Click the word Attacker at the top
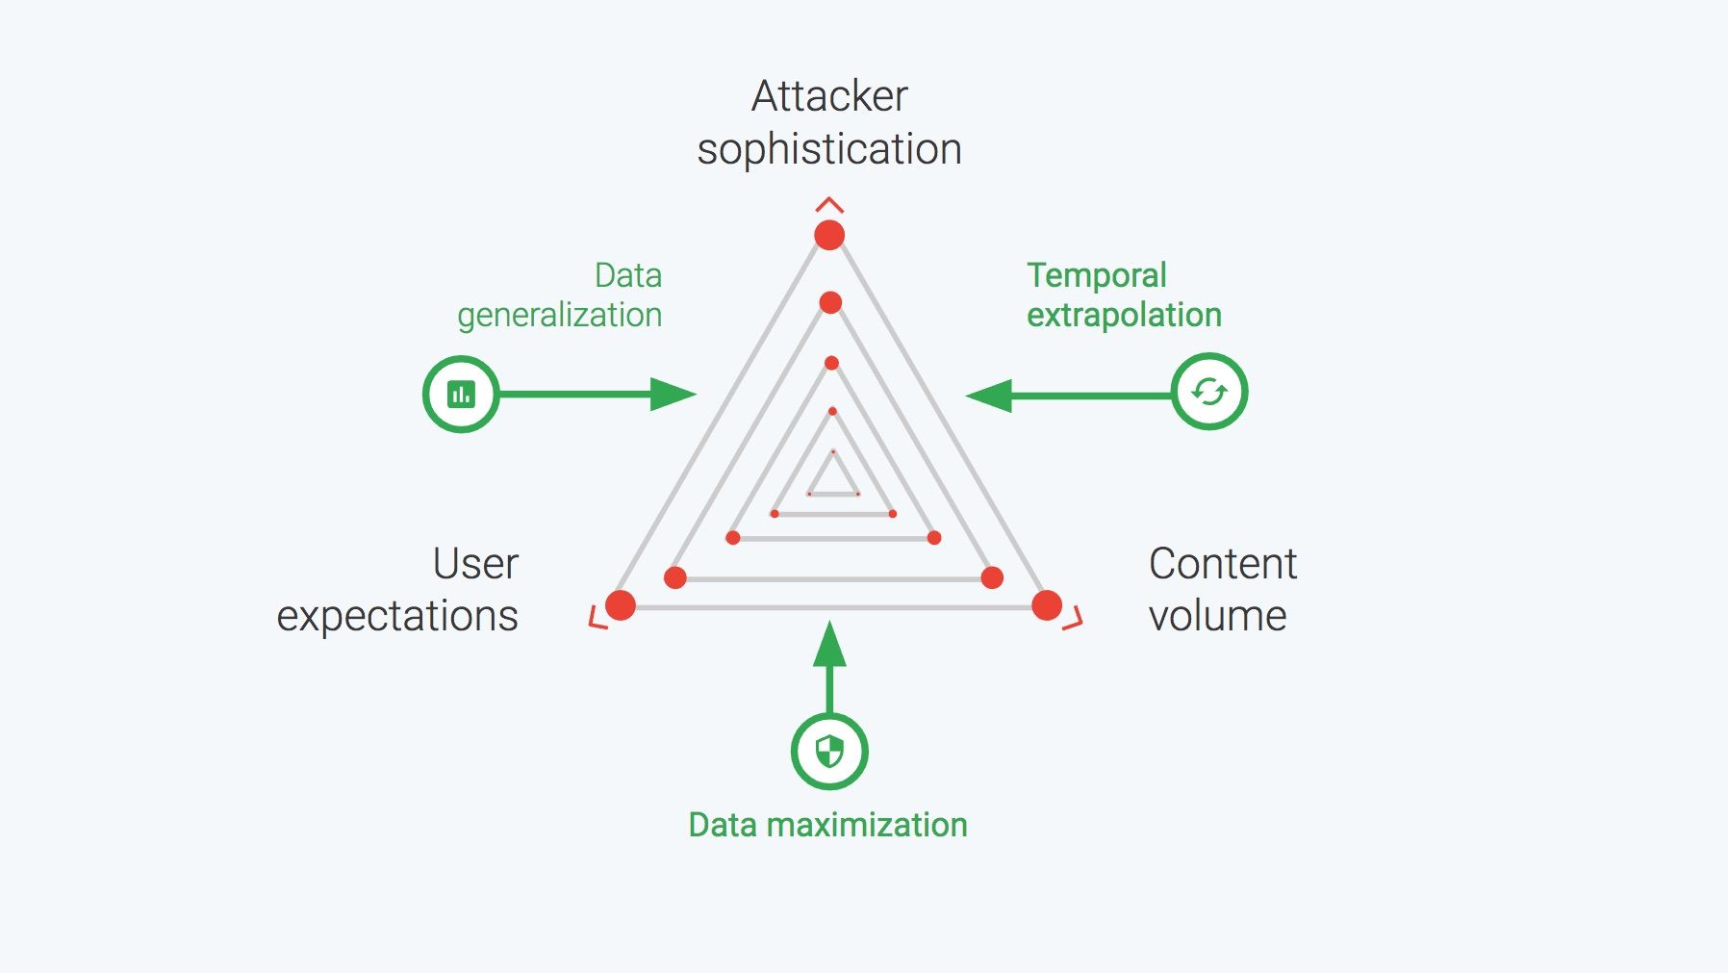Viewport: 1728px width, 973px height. pos(828,96)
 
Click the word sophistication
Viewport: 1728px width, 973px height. pos(828,150)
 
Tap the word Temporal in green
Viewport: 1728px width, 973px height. pos(1096,275)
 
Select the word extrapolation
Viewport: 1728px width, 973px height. pos(1124,316)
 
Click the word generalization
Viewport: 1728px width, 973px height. pos(559,316)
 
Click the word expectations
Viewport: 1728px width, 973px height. pos(397,616)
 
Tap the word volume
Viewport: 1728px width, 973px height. pos(1217,616)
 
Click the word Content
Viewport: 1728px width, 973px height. pos(1222,564)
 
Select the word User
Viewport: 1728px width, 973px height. pos(475,564)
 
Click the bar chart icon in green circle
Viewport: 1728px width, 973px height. pos(461,394)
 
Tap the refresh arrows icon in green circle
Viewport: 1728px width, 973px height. pos(1208,392)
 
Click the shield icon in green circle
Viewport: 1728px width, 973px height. pos(829,752)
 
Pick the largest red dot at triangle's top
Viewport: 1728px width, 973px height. pos(829,235)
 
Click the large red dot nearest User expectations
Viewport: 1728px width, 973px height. pos(621,605)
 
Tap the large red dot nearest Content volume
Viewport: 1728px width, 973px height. pos(1047,605)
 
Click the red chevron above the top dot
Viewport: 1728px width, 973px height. pos(829,204)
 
